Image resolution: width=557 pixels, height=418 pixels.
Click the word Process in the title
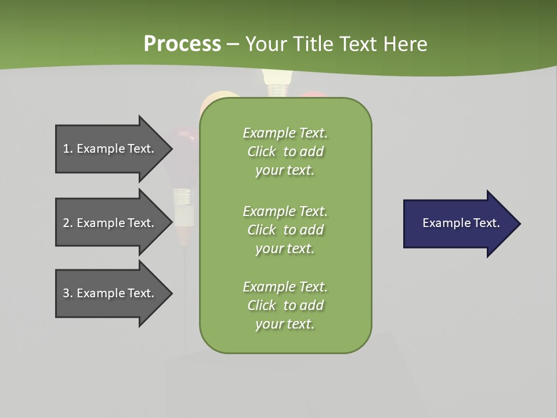(x=182, y=44)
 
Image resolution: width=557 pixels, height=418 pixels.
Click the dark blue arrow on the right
(x=458, y=224)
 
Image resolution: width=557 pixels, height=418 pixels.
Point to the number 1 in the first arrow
(x=67, y=149)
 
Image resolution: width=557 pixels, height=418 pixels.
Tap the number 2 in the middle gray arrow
(x=67, y=223)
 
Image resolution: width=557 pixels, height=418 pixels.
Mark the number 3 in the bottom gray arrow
(x=67, y=293)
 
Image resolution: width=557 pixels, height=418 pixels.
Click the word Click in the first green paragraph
(x=262, y=152)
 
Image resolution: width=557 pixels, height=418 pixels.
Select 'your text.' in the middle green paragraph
(x=285, y=248)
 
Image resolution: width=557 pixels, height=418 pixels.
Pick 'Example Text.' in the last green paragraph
(x=285, y=287)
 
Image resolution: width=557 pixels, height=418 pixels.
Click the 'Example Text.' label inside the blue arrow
(x=461, y=223)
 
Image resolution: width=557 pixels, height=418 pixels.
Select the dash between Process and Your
(x=233, y=44)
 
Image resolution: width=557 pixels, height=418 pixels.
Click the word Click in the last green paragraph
(x=262, y=305)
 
